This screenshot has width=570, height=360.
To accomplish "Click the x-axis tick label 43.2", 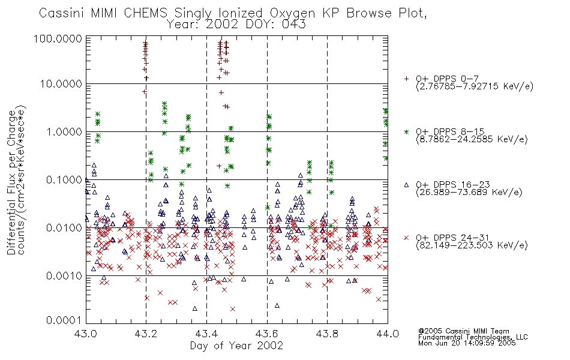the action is tap(146, 334).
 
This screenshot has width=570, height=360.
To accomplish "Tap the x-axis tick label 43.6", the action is tap(267, 334).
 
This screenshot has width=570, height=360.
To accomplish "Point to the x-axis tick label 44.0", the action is tap(388, 334).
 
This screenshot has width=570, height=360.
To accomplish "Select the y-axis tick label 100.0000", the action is tap(58, 38).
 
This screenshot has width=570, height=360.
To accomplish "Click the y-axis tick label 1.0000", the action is tap(64, 131).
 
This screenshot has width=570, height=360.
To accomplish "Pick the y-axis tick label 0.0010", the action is tap(64, 275).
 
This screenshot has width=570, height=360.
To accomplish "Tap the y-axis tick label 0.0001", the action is tap(64, 320).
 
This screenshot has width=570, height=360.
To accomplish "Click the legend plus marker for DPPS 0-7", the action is tap(406, 79).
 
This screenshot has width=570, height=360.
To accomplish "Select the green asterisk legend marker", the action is tap(406, 131).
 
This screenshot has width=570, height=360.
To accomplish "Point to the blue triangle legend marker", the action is tap(406, 185).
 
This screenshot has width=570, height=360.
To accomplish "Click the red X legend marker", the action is tap(406, 238).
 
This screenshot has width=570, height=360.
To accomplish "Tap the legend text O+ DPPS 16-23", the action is tap(453, 184).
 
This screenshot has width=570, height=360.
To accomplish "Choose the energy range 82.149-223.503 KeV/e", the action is tap(472, 245).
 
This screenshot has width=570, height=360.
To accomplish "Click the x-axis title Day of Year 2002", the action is tap(236, 346).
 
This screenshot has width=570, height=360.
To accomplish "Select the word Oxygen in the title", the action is tap(292, 13).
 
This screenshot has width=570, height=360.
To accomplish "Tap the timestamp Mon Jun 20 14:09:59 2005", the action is tap(467, 343).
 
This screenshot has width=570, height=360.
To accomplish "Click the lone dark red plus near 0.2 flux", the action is tap(219, 166).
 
